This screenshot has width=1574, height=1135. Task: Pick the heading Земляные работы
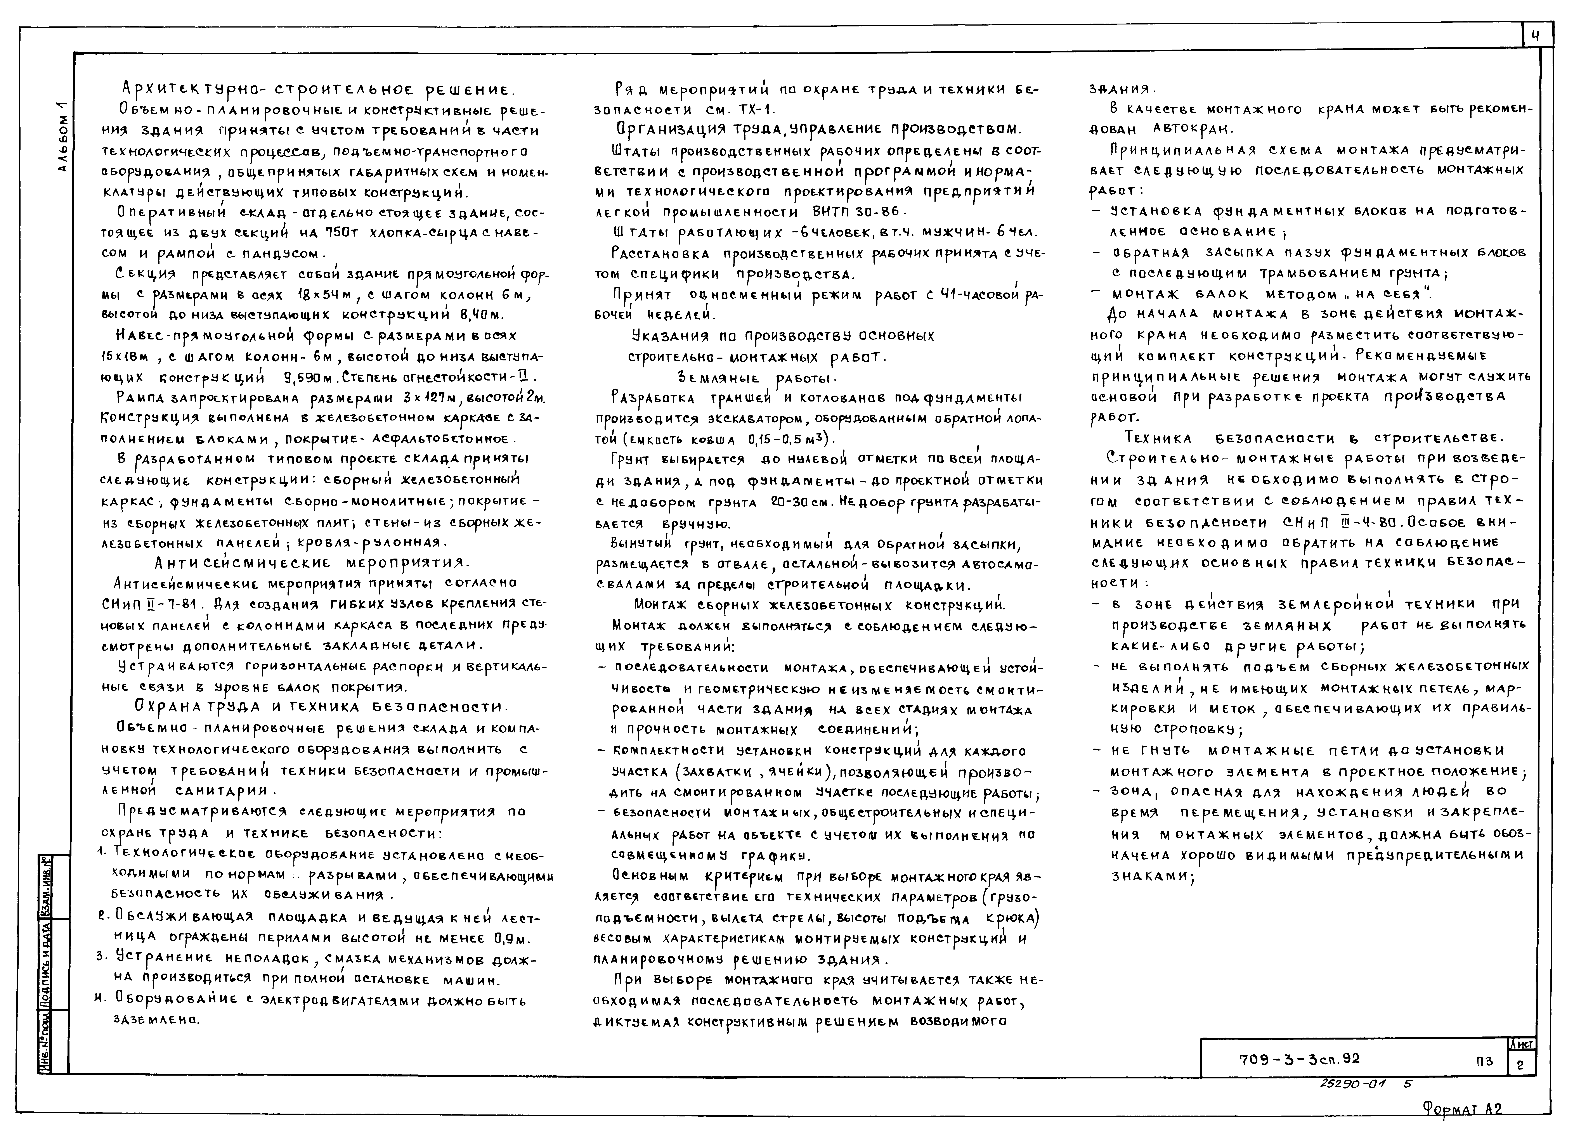coord(756,378)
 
